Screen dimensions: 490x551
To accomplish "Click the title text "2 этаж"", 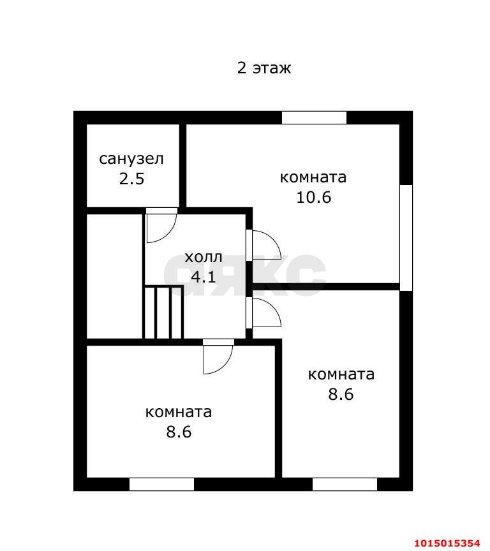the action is tap(264, 68).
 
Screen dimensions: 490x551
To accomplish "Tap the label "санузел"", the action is tap(131, 159).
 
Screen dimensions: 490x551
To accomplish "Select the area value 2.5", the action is tap(131, 179).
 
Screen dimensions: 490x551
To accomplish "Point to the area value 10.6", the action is tap(313, 197).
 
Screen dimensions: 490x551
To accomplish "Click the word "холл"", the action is tap(204, 257).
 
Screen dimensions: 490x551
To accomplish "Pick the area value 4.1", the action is tap(203, 277).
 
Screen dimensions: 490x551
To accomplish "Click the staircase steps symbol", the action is tap(163, 312).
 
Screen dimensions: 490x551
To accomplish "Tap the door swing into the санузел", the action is tap(161, 225).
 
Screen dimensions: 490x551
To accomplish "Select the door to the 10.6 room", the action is tap(264, 245).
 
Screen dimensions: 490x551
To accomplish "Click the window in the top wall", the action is tap(315, 118).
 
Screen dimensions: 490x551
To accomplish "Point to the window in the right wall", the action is tap(406, 237).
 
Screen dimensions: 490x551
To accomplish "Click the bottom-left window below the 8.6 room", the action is tap(161, 484).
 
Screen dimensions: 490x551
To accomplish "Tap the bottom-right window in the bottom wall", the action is tap(345, 484).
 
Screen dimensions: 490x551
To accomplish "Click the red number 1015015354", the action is tap(447, 543).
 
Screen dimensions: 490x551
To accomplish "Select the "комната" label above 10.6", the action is tap(313, 177).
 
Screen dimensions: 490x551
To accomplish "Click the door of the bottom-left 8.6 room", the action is tap(218, 356).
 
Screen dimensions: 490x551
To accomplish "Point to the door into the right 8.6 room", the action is tap(264, 312).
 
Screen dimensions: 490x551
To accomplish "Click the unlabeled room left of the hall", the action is tap(114, 276).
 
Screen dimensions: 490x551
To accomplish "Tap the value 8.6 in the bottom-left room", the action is tap(179, 432).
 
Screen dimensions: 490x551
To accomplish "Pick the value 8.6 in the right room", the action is tap(341, 394).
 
